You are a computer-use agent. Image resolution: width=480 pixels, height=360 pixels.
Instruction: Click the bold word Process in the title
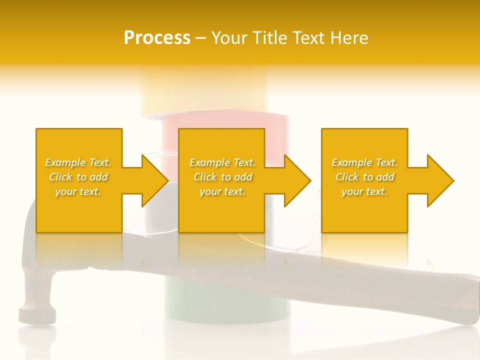pos(157,38)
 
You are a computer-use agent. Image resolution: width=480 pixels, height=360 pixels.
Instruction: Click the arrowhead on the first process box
pos(152,180)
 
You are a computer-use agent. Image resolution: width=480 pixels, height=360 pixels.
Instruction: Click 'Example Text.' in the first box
pos(78,162)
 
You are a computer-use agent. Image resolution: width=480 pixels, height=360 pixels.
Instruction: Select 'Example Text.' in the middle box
pos(222,162)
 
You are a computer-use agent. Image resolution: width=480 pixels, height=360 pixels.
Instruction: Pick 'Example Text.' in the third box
pos(364,162)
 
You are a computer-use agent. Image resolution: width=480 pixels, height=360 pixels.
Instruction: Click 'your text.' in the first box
pos(78,191)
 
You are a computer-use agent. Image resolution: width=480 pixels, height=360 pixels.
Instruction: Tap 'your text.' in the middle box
pos(222,191)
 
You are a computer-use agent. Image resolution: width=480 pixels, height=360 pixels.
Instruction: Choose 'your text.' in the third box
pos(364,191)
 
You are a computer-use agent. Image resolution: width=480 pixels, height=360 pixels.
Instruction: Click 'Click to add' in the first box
pos(78,177)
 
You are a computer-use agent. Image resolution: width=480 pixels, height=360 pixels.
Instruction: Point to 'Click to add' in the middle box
pos(222,177)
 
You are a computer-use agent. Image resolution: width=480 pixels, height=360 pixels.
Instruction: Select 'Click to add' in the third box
pos(364,177)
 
